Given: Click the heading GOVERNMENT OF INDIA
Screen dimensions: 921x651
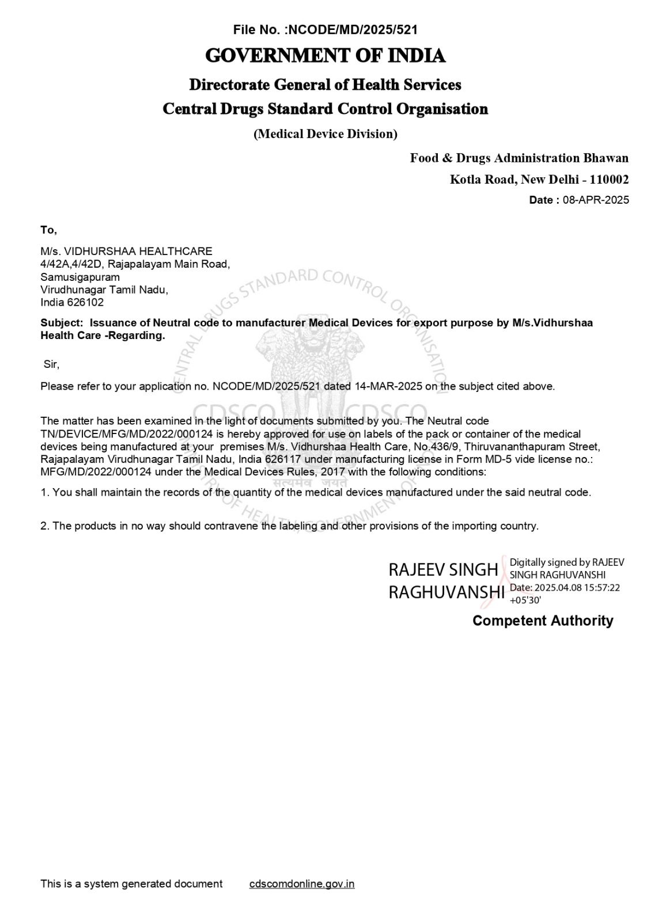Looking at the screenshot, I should [325, 56].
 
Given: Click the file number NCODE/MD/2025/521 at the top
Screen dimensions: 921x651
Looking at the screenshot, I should [352, 30].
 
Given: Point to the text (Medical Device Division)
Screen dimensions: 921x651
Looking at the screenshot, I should [325, 134].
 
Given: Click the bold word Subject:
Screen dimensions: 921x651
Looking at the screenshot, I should [62, 323].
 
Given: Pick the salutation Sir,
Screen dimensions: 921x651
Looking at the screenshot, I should [51, 364].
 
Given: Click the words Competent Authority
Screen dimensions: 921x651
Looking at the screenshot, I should [543, 621].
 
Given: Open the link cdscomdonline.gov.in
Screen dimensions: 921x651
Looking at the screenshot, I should [302, 884].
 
